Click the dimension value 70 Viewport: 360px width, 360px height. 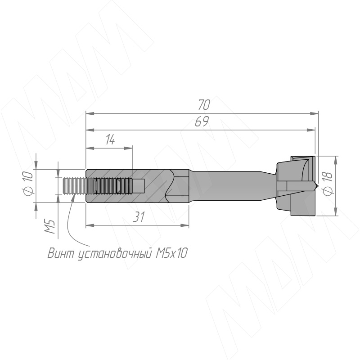(204, 105)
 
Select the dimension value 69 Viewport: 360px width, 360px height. (202, 121)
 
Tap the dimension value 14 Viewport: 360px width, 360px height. (110, 139)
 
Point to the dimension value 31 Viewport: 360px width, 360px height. (139, 217)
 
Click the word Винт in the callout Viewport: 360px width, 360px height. (62, 253)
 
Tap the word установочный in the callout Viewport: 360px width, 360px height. (115, 254)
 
